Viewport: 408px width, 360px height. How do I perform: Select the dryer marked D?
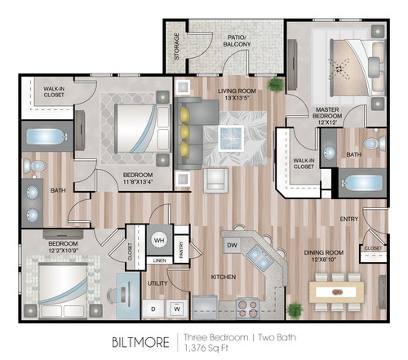click(x=153, y=309)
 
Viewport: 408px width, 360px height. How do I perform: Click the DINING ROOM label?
click(x=326, y=255)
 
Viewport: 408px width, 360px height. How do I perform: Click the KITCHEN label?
click(x=224, y=278)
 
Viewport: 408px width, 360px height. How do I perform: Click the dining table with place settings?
click(x=336, y=291)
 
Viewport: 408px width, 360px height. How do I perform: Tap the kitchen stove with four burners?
click(x=248, y=305)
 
